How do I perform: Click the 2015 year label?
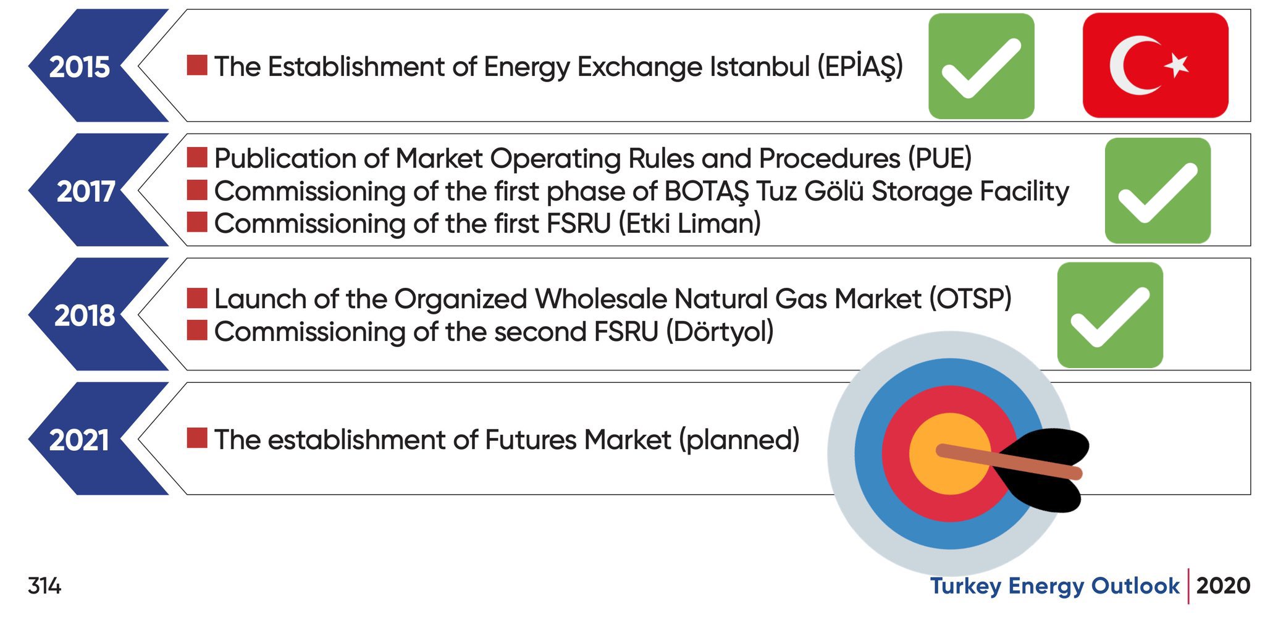point(79,67)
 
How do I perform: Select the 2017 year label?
point(85,191)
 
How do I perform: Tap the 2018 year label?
point(85,316)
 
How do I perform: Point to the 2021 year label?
point(79,440)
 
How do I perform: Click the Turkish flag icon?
point(1155,65)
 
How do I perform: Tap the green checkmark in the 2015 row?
point(981,66)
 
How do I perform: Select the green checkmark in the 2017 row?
point(1158,190)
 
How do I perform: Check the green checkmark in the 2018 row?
point(1110,315)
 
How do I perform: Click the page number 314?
point(44,585)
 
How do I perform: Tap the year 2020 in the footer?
point(1223,585)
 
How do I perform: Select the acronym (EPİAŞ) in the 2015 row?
point(860,67)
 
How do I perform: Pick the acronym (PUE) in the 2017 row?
point(939,159)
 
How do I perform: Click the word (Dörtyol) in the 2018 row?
point(720,332)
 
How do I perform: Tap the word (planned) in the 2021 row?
point(739,440)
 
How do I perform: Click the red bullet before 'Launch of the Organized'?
point(197,298)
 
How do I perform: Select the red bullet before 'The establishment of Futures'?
point(197,438)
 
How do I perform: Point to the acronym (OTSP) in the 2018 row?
point(971,299)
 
